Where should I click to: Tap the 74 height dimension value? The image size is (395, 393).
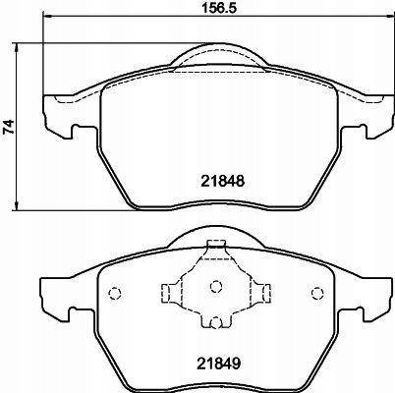tap(11, 127)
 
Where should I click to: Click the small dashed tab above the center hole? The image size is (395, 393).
tap(214, 247)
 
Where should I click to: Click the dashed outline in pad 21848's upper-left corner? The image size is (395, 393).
tap(75, 98)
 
